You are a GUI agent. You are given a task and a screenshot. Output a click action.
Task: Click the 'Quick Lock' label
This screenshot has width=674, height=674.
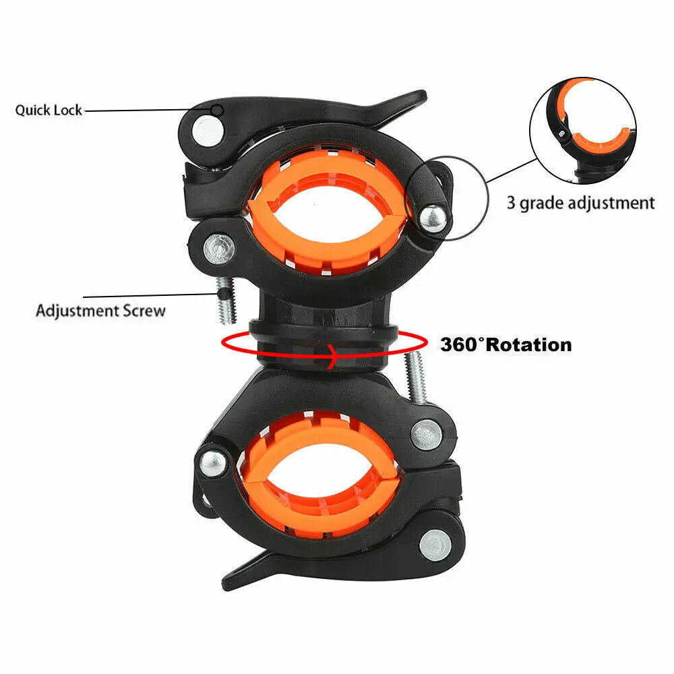[48, 110]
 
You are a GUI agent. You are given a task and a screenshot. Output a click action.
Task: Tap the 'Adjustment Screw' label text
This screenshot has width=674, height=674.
[100, 310]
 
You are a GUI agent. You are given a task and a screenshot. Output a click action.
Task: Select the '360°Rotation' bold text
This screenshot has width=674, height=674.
[506, 344]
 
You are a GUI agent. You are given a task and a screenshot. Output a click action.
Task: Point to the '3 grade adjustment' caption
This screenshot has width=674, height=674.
[581, 202]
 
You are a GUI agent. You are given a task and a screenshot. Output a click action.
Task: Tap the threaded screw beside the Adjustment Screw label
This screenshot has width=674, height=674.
[226, 300]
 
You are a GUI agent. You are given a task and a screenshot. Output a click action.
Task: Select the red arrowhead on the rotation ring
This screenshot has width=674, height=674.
[332, 357]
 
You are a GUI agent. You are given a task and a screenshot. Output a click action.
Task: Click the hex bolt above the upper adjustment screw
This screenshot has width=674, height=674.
[219, 249]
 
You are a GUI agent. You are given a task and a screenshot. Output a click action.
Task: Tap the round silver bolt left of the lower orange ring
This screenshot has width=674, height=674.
[214, 464]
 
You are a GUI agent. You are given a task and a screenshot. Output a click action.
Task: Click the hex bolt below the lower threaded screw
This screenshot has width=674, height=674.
[425, 435]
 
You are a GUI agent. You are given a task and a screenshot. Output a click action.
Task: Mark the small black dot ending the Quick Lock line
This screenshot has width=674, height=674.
[218, 110]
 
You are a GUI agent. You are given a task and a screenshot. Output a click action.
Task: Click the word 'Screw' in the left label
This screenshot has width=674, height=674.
[144, 310]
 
